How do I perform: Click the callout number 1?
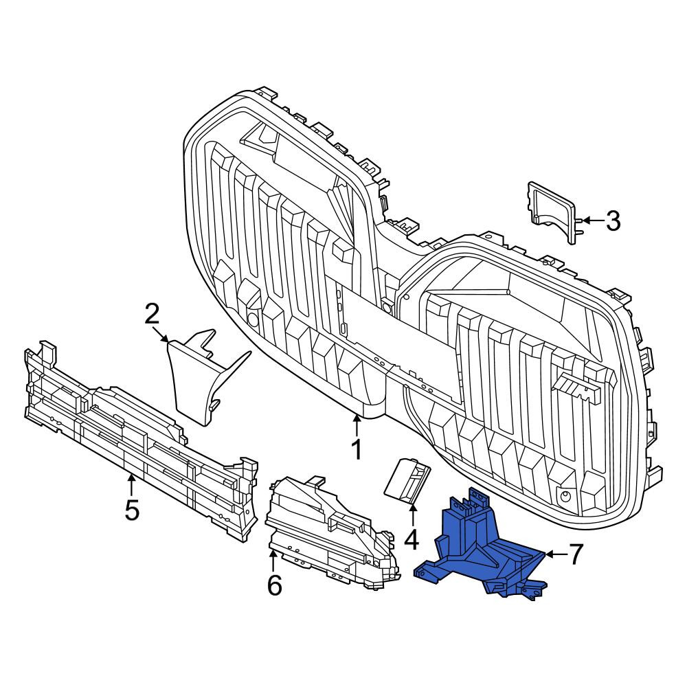357,449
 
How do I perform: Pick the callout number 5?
131,510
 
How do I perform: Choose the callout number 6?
275,585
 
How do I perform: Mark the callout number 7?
576,554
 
